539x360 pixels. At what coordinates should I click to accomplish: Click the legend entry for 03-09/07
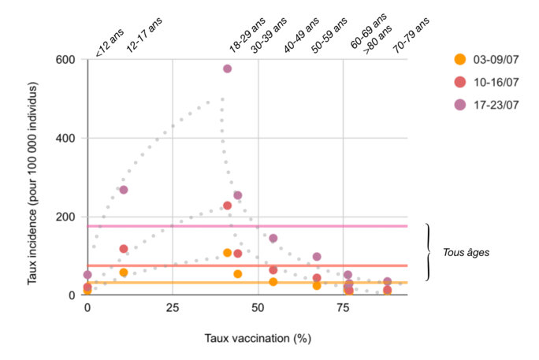pos(490,59)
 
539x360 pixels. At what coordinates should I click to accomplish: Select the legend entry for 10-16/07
pos(490,81)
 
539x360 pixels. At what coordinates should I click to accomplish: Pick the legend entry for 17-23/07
pos(490,103)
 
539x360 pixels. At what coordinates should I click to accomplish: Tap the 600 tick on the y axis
pos(65,60)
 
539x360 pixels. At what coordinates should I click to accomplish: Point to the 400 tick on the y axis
pos(65,139)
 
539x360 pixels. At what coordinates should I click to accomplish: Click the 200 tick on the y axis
pos(65,217)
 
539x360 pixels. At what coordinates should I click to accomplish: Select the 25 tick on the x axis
pos(173,309)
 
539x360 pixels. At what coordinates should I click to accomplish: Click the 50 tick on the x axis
pos(258,309)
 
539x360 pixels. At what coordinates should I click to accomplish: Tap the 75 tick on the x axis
pos(343,309)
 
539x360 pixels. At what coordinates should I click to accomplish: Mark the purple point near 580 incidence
pos(227,69)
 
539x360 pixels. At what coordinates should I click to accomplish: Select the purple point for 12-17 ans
pos(124,190)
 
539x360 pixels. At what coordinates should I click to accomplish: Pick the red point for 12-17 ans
pos(124,249)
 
